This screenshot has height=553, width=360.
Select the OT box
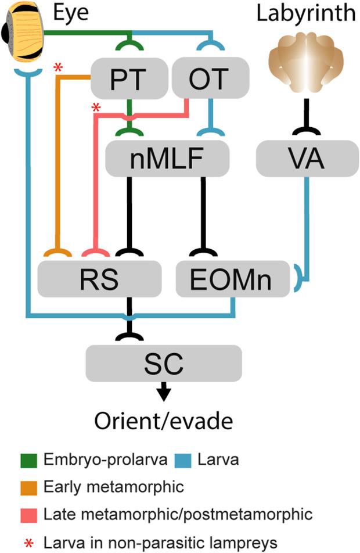211,79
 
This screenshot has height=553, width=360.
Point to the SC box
164,362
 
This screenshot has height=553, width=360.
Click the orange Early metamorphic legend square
26,487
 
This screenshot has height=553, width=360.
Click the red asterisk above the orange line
57,69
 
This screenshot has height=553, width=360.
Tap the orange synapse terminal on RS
58,254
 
